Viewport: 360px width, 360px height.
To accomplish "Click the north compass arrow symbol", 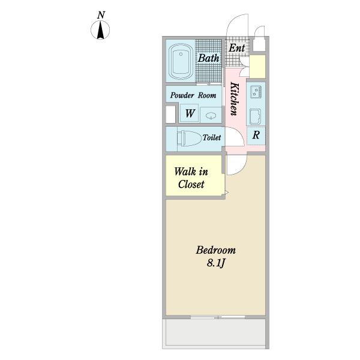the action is (100, 30).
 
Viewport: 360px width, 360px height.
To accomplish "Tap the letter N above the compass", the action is (101, 15).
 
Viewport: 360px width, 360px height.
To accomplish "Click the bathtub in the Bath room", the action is (181, 61).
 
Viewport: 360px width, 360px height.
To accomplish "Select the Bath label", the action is (208, 58).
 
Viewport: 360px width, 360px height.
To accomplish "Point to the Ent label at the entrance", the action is (237, 48).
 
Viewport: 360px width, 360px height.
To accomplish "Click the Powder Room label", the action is (193, 95).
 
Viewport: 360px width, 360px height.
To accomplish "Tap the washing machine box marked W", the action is (189, 113).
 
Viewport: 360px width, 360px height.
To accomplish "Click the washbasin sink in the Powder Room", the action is (211, 115).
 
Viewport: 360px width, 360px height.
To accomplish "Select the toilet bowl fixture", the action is (189, 138).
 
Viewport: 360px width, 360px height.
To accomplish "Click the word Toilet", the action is (212, 137).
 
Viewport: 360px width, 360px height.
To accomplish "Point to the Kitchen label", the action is (235, 99).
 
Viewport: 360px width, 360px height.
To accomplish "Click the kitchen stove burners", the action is (256, 92).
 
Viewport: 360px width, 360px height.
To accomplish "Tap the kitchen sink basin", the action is (256, 116).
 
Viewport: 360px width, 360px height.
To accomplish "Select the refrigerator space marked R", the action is (256, 135).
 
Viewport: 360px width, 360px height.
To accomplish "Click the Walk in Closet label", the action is (191, 178).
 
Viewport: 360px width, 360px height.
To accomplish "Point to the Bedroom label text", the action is (215, 250).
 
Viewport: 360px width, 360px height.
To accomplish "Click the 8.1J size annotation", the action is (215, 263).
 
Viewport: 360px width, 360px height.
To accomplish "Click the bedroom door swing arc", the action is (241, 169).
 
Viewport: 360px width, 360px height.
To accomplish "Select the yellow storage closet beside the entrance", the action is (257, 67).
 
